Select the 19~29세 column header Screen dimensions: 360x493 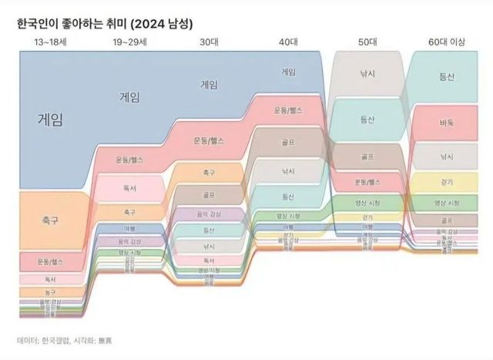click(x=129, y=41)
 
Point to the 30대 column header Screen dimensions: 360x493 click(x=208, y=41)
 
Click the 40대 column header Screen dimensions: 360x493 click(x=289, y=41)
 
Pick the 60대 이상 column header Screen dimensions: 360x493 click(x=447, y=41)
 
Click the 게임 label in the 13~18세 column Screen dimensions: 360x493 click(x=49, y=119)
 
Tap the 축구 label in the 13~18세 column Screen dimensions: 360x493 click(x=49, y=221)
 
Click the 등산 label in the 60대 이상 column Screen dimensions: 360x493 click(x=447, y=77)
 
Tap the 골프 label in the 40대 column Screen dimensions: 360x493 click(x=289, y=143)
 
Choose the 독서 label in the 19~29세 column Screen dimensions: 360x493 click(x=129, y=187)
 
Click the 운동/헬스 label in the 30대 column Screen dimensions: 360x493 click(x=208, y=141)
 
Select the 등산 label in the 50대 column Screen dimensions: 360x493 click(x=367, y=119)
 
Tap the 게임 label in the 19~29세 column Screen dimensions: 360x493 click(x=129, y=97)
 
